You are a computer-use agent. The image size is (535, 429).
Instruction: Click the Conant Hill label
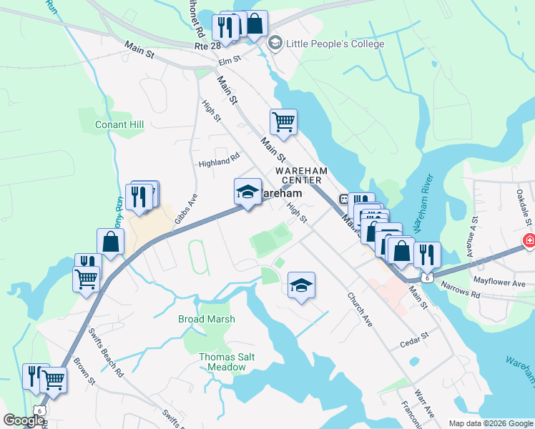click(120, 124)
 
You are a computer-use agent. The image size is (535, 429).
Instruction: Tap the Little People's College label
click(334, 44)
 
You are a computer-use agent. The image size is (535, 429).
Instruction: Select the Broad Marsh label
click(205, 320)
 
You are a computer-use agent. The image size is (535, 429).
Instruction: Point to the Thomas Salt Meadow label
click(222, 362)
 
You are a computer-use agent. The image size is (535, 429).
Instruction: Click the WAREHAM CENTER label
click(301, 175)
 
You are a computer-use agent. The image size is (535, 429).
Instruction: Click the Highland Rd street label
click(219, 159)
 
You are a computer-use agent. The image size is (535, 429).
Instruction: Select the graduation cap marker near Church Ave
click(301, 286)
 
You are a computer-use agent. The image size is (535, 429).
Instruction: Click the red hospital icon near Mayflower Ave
click(529, 241)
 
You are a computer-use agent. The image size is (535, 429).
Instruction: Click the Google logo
click(23, 420)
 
